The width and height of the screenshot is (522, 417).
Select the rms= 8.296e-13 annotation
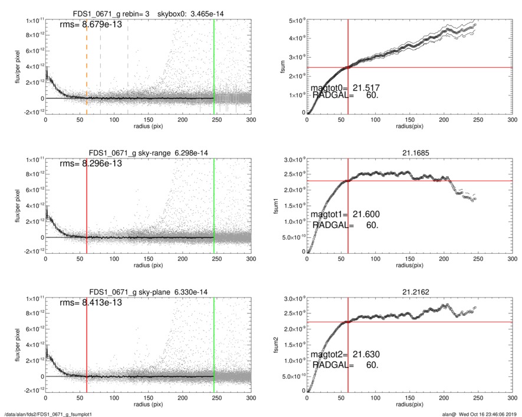pos(91,163)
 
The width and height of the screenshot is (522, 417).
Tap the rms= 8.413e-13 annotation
pos(91,302)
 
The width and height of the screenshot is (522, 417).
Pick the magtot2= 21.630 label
pos(345,355)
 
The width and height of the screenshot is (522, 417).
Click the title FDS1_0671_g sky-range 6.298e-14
pos(148,153)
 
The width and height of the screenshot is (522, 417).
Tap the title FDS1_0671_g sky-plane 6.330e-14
pos(148,292)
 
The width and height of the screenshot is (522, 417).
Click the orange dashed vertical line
pos(87,65)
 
